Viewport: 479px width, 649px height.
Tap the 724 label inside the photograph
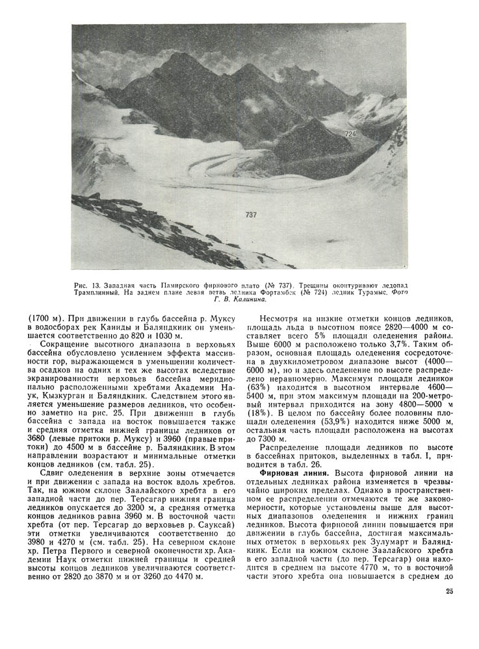pos(351,134)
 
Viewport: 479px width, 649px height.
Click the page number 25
pos(449,591)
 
